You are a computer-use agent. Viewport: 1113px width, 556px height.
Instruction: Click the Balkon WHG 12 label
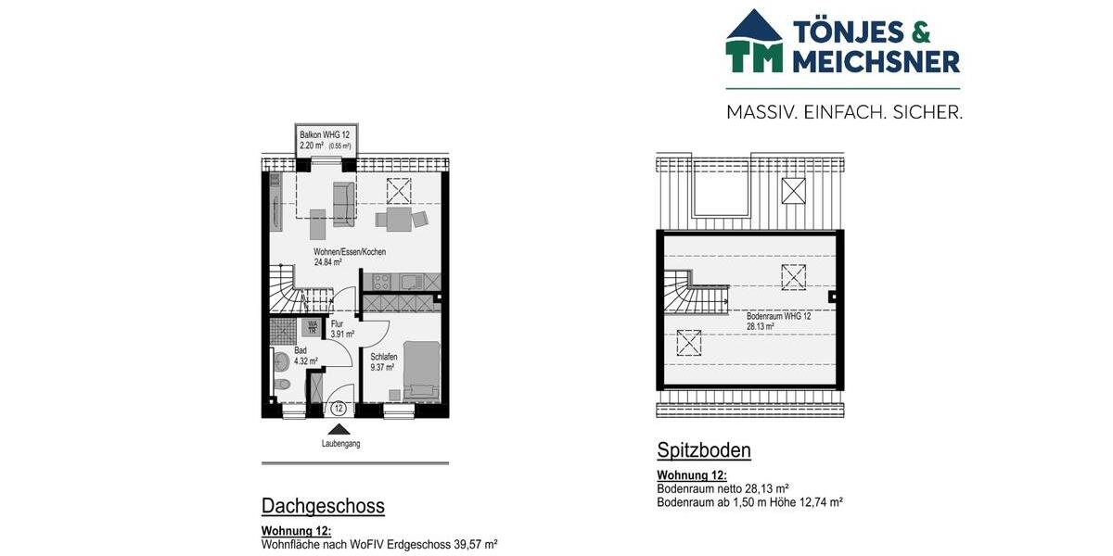point(324,134)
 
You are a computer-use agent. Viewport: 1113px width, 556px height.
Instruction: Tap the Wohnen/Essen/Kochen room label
point(349,252)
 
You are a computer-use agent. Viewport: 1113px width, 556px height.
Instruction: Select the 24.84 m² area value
point(329,262)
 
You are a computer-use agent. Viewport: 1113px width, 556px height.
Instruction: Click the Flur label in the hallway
point(337,323)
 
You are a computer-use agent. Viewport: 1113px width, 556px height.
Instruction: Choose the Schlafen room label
point(384,357)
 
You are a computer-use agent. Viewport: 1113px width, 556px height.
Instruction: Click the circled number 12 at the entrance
point(339,408)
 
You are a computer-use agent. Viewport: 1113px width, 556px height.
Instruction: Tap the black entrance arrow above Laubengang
point(339,429)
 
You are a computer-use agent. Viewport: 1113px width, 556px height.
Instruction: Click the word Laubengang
point(340,444)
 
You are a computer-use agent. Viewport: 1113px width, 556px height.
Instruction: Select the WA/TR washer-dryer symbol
point(313,326)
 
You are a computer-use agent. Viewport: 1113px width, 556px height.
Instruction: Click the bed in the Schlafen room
point(423,371)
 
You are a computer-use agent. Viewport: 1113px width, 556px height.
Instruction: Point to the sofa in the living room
point(344,204)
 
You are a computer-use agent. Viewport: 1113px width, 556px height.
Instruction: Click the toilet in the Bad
point(281,361)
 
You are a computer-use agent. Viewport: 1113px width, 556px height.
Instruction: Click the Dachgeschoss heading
point(323,506)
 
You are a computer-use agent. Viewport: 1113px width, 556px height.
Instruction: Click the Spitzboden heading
point(704,451)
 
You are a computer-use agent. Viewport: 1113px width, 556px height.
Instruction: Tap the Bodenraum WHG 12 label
point(778,316)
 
